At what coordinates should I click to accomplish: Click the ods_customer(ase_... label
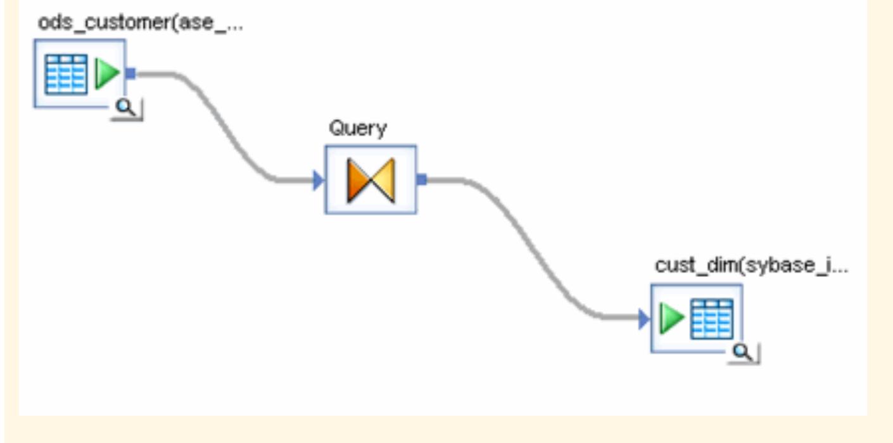click(x=139, y=23)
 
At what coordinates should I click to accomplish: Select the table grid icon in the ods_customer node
click(x=66, y=74)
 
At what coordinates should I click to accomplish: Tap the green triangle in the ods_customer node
click(x=106, y=74)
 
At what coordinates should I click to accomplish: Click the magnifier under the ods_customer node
click(x=127, y=108)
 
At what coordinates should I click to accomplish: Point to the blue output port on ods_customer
click(x=130, y=74)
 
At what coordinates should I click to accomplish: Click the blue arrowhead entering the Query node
click(x=318, y=181)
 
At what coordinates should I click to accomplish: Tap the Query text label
click(x=358, y=129)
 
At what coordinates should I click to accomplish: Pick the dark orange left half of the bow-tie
click(x=358, y=181)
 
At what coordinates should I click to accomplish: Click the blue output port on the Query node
click(x=421, y=179)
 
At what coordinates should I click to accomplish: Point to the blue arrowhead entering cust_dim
click(x=643, y=319)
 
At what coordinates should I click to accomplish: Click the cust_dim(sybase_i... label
click(x=751, y=266)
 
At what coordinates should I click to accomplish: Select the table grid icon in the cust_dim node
click(x=712, y=319)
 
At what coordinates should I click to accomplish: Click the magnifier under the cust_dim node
click(x=744, y=353)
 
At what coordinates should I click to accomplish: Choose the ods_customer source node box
click(x=80, y=74)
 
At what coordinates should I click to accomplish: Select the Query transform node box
click(x=370, y=180)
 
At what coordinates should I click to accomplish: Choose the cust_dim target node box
click(x=696, y=318)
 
